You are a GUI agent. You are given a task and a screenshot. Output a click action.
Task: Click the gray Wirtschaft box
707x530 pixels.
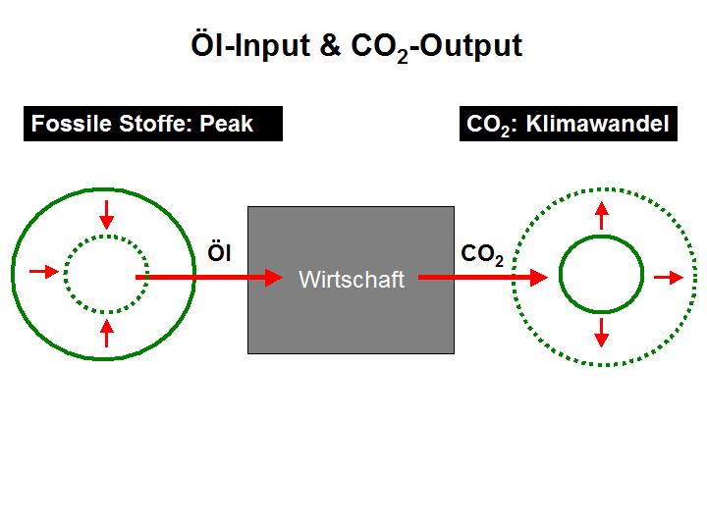351,280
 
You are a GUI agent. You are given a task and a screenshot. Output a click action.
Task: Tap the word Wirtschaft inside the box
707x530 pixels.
352,280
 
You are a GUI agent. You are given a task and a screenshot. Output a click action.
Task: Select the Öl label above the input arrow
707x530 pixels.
219,252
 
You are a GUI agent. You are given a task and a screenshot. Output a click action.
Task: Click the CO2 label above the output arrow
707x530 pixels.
482,255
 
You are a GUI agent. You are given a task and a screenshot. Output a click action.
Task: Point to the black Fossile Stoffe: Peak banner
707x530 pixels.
153,124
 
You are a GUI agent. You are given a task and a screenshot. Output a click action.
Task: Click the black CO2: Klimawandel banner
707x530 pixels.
569,124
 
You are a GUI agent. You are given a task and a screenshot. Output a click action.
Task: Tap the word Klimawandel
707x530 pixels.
597,124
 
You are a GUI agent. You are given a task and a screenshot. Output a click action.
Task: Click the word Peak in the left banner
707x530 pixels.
227,124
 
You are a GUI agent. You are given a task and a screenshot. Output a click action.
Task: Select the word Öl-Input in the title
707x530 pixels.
250,45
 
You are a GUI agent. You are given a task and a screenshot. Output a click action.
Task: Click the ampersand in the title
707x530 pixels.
331,45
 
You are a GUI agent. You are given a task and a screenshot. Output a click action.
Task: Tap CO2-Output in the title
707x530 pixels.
436,47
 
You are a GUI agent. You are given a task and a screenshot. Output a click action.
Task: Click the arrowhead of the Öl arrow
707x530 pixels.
274,277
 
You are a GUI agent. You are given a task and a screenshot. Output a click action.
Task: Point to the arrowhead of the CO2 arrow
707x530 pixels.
539,277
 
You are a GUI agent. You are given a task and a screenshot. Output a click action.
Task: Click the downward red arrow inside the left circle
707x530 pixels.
106,215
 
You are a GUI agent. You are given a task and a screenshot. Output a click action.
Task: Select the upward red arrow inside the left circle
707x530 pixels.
106,333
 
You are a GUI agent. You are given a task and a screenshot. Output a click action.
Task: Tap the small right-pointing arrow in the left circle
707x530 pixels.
44,271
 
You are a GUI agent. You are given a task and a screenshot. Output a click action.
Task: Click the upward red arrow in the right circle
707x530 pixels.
602,216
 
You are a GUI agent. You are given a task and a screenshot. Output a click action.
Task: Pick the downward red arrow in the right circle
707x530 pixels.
602,333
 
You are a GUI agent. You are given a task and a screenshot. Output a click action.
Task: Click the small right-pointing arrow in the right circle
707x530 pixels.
669,278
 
